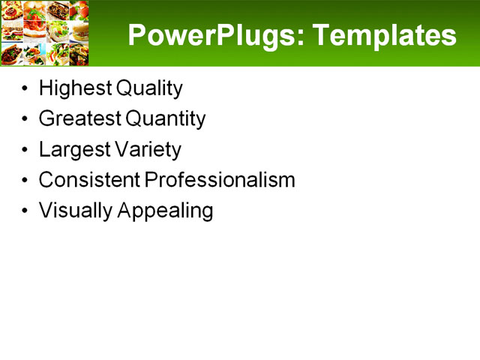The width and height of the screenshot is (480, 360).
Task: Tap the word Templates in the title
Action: [384, 35]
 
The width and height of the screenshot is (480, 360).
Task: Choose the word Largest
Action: [73, 149]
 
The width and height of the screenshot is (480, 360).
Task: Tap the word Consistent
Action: [88, 180]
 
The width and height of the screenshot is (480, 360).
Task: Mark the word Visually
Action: [75, 211]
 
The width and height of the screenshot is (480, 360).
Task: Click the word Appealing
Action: [165, 211]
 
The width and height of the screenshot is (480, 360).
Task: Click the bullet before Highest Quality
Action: [26, 89]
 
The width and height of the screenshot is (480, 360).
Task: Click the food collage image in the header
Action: [44, 33]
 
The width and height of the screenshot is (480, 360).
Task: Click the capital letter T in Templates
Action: [320, 34]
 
